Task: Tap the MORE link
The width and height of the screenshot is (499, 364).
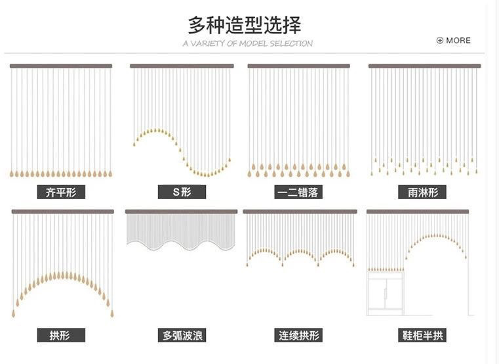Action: (458, 40)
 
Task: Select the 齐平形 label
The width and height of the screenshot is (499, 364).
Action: (61, 193)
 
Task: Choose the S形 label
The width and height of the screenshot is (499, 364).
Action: (182, 193)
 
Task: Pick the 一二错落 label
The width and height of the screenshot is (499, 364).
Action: (298, 193)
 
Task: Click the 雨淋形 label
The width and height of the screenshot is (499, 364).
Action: (422, 193)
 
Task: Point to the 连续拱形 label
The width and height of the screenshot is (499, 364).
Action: (299, 336)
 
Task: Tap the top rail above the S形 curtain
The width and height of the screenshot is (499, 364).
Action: (182, 66)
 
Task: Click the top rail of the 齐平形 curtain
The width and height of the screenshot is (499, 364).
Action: (61, 66)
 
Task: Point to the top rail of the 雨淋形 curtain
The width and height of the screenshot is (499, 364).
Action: (424, 66)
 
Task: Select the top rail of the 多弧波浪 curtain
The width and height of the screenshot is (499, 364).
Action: (182, 212)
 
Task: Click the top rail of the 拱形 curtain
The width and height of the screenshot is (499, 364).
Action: (62, 212)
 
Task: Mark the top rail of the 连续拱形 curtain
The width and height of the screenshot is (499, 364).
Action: (300, 212)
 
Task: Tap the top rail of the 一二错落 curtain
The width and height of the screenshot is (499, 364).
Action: (298, 66)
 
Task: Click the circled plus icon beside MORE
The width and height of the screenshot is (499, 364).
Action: (440, 40)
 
